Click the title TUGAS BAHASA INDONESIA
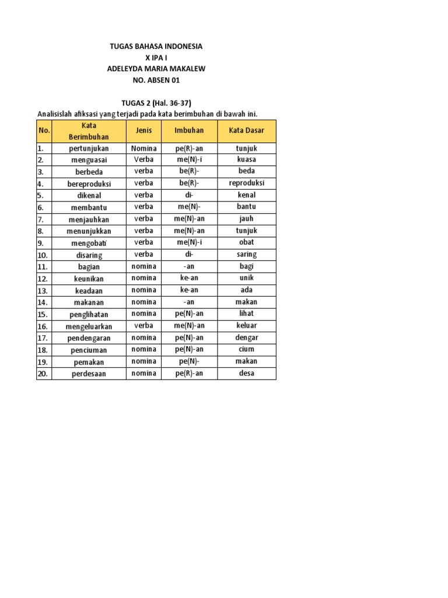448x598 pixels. (156, 46)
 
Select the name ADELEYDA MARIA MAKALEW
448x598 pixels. (156, 69)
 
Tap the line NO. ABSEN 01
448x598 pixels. (156, 80)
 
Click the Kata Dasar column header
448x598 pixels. (246, 131)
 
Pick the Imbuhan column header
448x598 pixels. (189, 131)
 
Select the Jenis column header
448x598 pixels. (143, 131)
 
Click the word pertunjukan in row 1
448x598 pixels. (89, 148)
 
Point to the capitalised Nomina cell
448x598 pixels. (143, 148)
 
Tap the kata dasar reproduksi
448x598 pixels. (246, 183)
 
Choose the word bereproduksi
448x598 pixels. (89, 184)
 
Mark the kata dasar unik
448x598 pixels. (246, 279)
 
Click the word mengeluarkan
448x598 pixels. (89, 326)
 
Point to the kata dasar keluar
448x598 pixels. (246, 326)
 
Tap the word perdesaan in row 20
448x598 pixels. (89, 374)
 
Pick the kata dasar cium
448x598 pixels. (246, 350)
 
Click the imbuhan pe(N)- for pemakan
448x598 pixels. (189, 361)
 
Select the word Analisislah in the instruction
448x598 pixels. (57, 113)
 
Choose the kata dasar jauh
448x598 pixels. (246, 219)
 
